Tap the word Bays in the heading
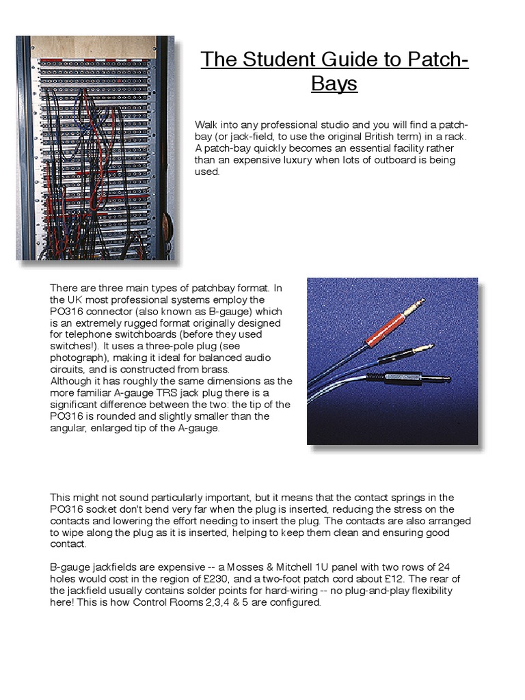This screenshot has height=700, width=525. click(x=334, y=84)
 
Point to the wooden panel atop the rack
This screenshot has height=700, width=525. click(x=94, y=46)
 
